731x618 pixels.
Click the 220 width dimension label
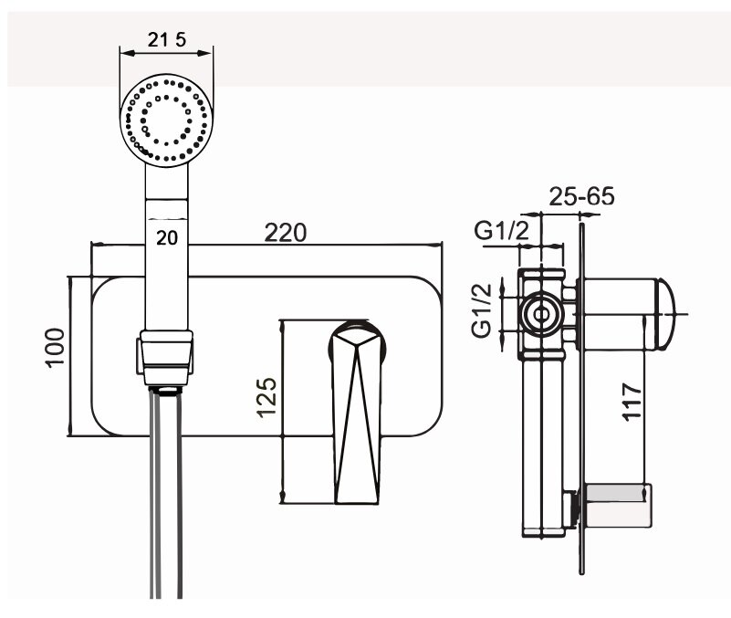tap(286, 232)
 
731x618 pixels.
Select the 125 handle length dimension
tap(266, 411)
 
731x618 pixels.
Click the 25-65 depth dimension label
tap(582, 197)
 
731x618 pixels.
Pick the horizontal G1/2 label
tap(501, 231)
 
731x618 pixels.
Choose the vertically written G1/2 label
tap(483, 310)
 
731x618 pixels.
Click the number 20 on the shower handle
tap(166, 238)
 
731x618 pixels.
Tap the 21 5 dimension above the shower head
tap(168, 41)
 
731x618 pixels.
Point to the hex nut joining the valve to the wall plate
tap(569, 296)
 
